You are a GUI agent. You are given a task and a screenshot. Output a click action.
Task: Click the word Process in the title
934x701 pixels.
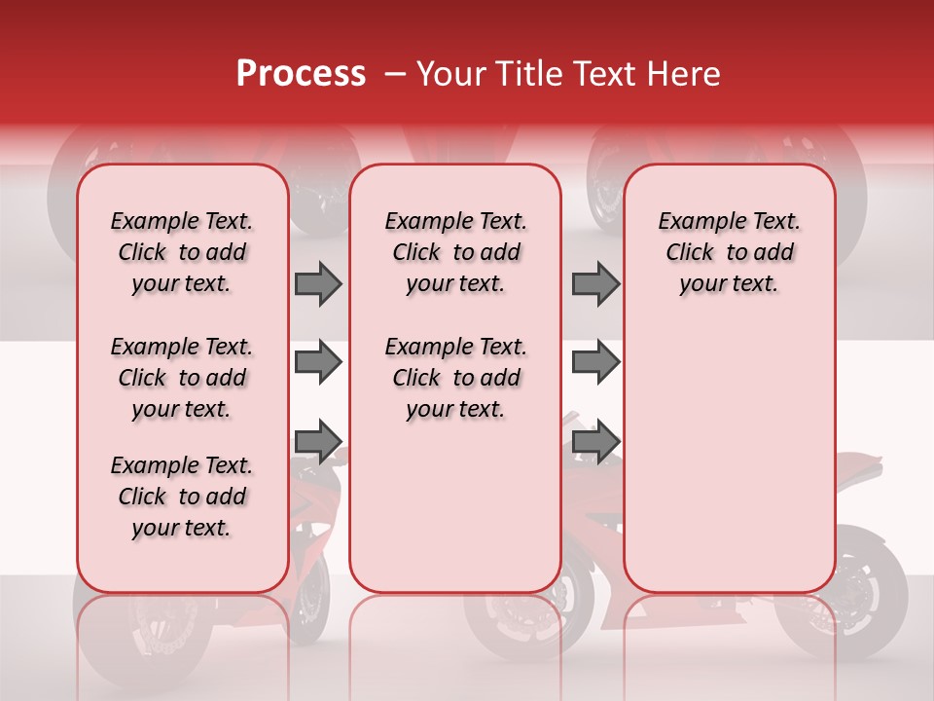coord(300,74)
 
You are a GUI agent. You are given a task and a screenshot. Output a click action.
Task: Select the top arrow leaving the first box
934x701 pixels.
coord(318,283)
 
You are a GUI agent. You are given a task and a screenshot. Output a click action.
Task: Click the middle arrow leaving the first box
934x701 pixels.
coord(318,363)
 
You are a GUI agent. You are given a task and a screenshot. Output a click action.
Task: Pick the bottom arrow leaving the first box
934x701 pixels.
coord(318,441)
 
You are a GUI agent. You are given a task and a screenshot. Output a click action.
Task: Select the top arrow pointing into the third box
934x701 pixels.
coord(595,283)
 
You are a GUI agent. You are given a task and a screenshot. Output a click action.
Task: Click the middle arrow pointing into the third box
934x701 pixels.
coord(595,363)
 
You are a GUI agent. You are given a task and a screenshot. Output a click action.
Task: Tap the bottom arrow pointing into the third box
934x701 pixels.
coord(595,441)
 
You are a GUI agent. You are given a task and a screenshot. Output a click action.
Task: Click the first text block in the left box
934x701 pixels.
coord(182,252)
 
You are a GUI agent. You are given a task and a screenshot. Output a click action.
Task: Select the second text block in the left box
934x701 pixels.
coord(182,378)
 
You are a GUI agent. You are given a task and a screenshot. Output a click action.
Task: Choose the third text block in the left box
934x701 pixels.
coord(182,497)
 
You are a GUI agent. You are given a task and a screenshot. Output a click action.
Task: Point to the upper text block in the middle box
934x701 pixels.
coord(455,252)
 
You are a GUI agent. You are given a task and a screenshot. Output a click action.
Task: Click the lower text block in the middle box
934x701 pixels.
coord(455,378)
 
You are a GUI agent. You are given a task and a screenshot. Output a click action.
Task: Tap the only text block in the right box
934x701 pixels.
coord(729,252)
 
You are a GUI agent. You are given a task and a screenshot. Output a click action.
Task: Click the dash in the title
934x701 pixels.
coord(394,75)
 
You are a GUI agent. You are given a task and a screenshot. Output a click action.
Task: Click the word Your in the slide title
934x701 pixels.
coord(446,74)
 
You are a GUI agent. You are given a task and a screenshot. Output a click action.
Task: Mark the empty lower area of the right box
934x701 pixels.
coord(729,458)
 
